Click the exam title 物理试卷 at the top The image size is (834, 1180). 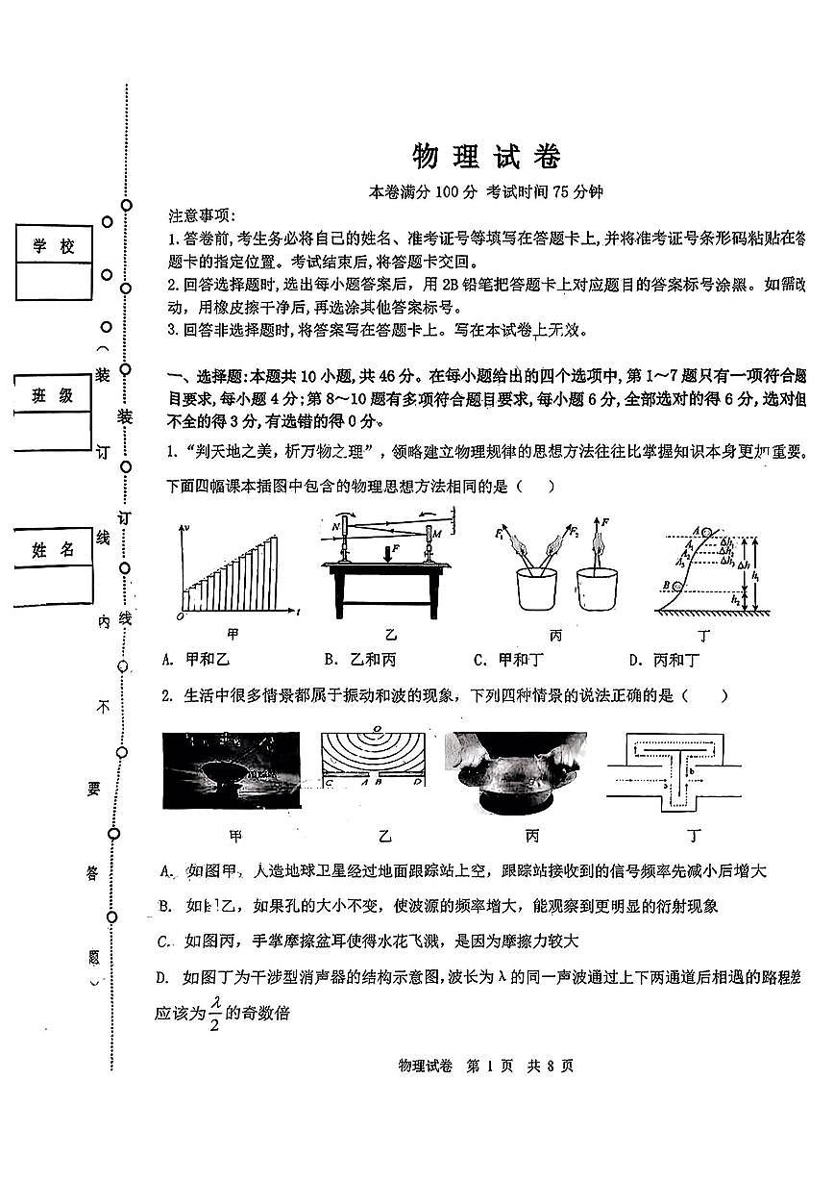tap(485, 156)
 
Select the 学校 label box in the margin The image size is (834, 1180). tap(54, 247)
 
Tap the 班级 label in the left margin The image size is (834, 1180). tap(54, 395)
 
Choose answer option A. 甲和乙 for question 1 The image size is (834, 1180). tap(193, 660)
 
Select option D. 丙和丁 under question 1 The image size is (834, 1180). tap(664, 660)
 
